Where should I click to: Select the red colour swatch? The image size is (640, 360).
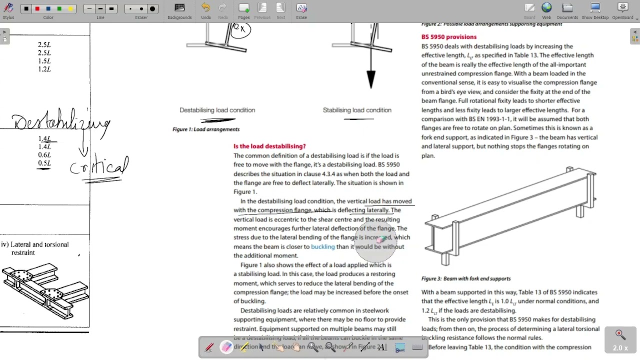tap(37, 8)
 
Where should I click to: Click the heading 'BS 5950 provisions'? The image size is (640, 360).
tap(449, 37)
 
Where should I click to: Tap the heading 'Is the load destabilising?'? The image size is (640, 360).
tap(269, 146)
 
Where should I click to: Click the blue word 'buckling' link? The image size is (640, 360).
tap(322, 246)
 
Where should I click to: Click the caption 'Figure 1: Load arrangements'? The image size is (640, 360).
tap(206, 129)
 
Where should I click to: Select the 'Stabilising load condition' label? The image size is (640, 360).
tap(357, 110)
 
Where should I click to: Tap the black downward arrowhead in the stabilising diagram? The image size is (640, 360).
tap(370, 79)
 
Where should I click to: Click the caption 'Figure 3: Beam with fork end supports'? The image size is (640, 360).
tap(466, 279)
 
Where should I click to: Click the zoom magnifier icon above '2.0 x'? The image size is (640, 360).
tap(619, 333)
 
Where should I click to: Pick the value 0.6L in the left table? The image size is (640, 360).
tap(44, 155)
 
